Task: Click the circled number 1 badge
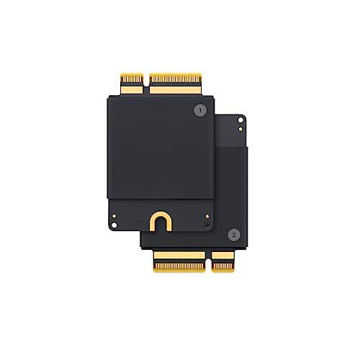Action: [199, 111]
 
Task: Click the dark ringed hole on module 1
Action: [207, 225]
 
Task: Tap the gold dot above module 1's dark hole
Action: [207, 215]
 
